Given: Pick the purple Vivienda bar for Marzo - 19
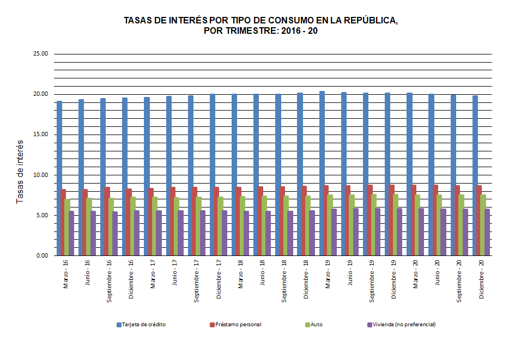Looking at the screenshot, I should pos(334,232).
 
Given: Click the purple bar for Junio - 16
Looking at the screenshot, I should pos(93,233).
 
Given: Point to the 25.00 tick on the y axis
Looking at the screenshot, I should pos(41,54).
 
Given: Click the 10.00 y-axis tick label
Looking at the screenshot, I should pos(41,175).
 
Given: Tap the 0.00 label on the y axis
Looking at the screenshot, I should pos(43,255).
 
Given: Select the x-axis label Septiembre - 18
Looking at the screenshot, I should pos(284,281).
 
